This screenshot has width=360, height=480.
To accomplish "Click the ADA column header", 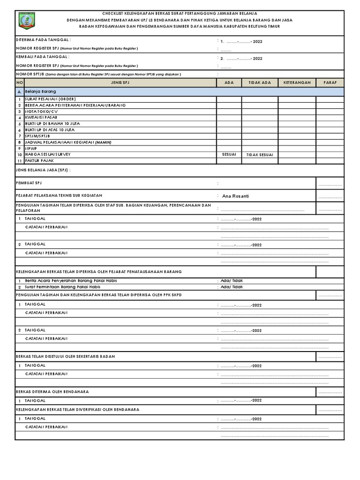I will pyautogui.click(x=229, y=82).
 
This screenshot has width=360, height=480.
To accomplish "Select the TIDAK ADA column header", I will pyautogui.click(x=260, y=82).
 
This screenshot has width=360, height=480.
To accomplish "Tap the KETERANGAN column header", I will pyautogui.click(x=297, y=82).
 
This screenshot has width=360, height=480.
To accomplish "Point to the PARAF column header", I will pyautogui.click(x=330, y=82).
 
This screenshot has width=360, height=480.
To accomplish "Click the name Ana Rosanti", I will pyautogui.click(x=236, y=196).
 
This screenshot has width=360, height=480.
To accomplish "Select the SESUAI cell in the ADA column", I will pyautogui.click(x=229, y=154).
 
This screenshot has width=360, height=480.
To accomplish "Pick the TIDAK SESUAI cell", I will pyautogui.click(x=260, y=155).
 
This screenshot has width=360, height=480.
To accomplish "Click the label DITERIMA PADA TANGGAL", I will pyautogui.click(x=43, y=41).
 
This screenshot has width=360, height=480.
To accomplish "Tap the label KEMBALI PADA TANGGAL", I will pyautogui.click(x=43, y=56).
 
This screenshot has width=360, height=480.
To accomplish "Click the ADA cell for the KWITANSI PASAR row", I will pyautogui.click(x=229, y=118).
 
